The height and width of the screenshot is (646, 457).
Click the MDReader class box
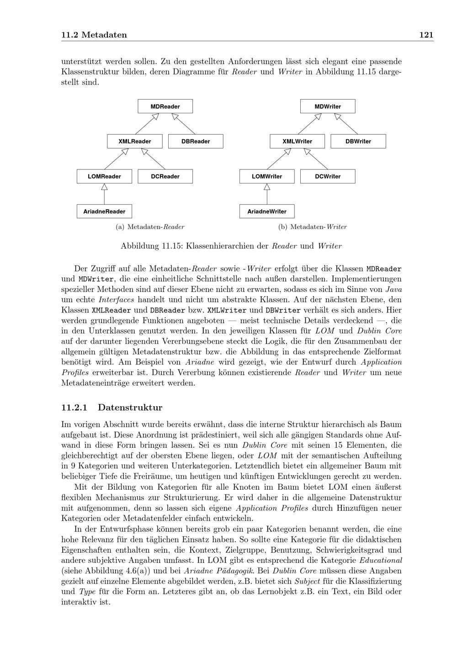pyautogui.click(x=165, y=106)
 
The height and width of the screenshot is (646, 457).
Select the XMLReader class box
pyautogui.click(x=134, y=141)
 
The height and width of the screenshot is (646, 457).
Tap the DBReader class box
pyautogui.click(x=196, y=141)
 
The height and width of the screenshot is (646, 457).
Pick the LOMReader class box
pyautogui.click(x=104, y=176)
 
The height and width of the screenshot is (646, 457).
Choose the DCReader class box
pyautogui.click(x=165, y=176)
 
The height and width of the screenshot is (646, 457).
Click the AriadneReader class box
pyautogui.click(x=104, y=212)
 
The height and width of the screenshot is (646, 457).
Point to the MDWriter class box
pyautogui.click(x=328, y=106)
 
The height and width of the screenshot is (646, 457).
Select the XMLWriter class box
pyautogui.click(x=297, y=141)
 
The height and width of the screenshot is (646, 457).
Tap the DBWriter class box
pyautogui.click(x=358, y=141)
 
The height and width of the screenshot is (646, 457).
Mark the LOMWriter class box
pyautogui.click(x=267, y=176)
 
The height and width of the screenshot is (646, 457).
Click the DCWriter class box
pyautogui.click(x=328, y=176)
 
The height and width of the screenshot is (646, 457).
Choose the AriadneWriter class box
pyautogui.click(x=267, y=212)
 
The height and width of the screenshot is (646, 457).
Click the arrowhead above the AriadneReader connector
pyautogui.click(x=104, y=186)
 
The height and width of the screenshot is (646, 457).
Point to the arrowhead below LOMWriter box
pyautogui.click(x=267, y=186)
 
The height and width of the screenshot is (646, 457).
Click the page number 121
pyautogui.click(x=426, y=35)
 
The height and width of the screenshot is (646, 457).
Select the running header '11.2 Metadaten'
pyautogui.click(x=94, y=35)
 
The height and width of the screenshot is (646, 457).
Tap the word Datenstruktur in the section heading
pyautogui.click(x=130, y=408)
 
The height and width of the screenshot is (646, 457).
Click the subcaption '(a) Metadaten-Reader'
pyautogui.click(x=150, y=227)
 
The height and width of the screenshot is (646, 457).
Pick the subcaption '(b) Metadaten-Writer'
pyautogui.click(x=313, y=227)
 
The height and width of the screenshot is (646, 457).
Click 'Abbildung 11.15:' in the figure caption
pyautogui.click(x=151, y=246)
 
